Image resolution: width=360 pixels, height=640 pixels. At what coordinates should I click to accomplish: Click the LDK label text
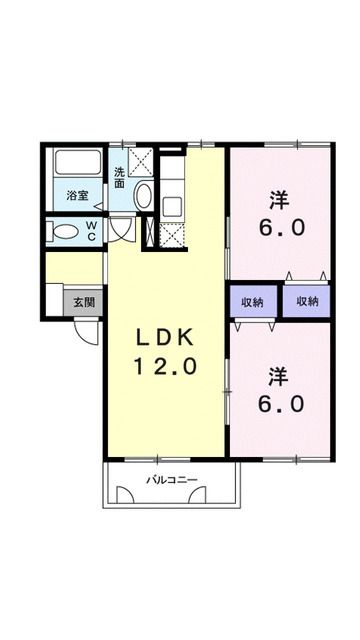(x=165, y=335)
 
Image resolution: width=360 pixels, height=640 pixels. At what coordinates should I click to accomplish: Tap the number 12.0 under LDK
(x=165, y=366)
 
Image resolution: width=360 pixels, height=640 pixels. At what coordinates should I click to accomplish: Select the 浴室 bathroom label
(x=78, y=193)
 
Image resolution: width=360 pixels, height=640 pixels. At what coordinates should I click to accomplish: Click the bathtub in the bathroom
(x=77, y=164)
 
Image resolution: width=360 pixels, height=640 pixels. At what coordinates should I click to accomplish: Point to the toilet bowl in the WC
(x=67, y=232)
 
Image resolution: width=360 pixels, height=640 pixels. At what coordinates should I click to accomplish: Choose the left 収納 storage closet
(x=253, y=301)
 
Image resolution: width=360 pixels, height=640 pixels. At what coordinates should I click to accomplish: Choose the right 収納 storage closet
(x=306, y=301)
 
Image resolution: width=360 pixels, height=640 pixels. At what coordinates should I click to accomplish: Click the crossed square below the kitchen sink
(x=170, y=237)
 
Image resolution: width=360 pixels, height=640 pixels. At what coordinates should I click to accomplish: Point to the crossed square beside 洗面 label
(x=142, y=161)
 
